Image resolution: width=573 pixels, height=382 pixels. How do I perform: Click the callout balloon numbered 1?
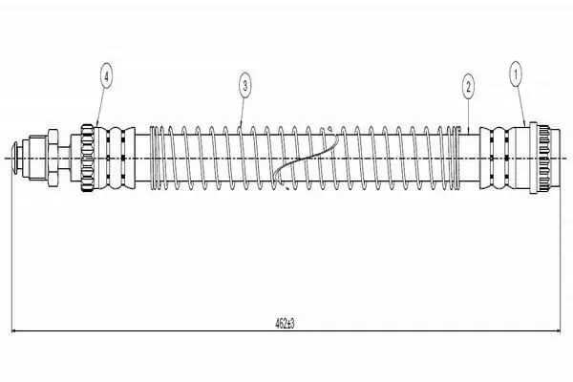(x=516, y=74)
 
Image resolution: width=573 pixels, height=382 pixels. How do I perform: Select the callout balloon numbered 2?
(x=468, y=87)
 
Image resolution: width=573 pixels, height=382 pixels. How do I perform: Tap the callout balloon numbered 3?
(x=245, y=86)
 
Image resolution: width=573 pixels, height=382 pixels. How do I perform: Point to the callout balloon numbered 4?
(x=106, y=76)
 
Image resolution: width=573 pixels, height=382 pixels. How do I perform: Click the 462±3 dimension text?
(x=285, y=323)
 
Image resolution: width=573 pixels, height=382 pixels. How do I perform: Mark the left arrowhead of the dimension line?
(x=15, y=331)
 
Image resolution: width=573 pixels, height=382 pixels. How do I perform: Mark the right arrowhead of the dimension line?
(x=557, y=331)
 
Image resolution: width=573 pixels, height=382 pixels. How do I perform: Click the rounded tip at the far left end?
(x=15, y=159)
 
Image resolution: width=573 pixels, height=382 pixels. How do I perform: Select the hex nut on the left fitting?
(x=53, y=158)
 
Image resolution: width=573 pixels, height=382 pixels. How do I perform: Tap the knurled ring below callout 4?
(x=88, y=159)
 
